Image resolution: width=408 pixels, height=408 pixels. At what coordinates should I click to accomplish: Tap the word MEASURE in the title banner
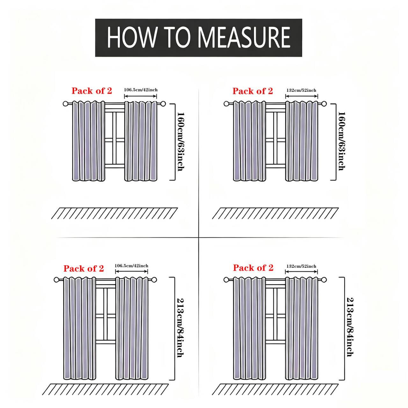244,38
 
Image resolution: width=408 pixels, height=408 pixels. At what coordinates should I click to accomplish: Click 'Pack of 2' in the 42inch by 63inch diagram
92,91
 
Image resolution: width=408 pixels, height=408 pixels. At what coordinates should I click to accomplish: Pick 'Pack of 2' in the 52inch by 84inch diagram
253,268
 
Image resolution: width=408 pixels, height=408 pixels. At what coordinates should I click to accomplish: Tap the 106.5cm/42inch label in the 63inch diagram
141,90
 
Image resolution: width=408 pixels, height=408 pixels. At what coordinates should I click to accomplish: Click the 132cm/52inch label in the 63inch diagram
301,90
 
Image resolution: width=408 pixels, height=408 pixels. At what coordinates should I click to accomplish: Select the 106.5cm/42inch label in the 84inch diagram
131,266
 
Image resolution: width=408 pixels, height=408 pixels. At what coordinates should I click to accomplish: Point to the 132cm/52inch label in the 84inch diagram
301,266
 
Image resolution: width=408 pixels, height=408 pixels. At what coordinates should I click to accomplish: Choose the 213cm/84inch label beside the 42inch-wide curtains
180,328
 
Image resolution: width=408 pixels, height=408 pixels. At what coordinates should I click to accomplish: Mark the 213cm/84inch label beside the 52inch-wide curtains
350,327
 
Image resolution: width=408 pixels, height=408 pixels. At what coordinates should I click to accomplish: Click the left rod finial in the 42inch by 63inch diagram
65,104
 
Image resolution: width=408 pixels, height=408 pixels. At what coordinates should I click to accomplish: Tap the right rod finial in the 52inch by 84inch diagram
324,280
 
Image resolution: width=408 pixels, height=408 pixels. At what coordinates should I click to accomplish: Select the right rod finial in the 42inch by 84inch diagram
154,280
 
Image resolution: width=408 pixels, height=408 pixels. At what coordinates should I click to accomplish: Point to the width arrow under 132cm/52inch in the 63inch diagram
302,96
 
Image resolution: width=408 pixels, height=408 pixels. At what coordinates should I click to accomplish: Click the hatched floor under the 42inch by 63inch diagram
114,213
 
